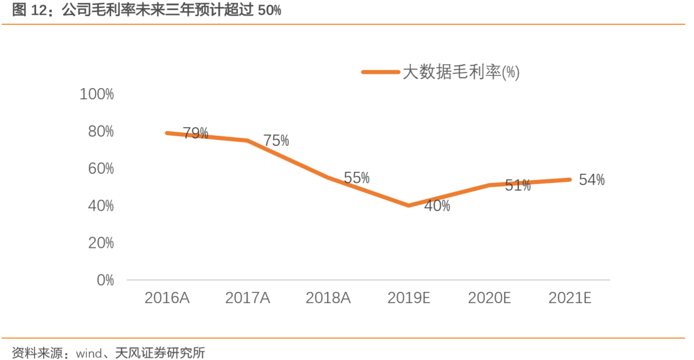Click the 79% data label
(196, 133)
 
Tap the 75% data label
(276, 141)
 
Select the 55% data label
(356, 178)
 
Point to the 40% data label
(437, 206)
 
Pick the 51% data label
(518, 186)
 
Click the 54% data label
(592, 180)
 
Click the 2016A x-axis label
(167, 298)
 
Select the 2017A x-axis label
(247, 298)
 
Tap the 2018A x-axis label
(328, 298)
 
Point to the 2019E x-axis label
(409, 298)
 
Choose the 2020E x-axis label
(489, 298)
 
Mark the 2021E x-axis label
(570, 298)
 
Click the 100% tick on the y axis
(96, 94)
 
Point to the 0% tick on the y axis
(105, 280)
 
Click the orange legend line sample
(381, 72)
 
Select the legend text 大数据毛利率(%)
(461, 72)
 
